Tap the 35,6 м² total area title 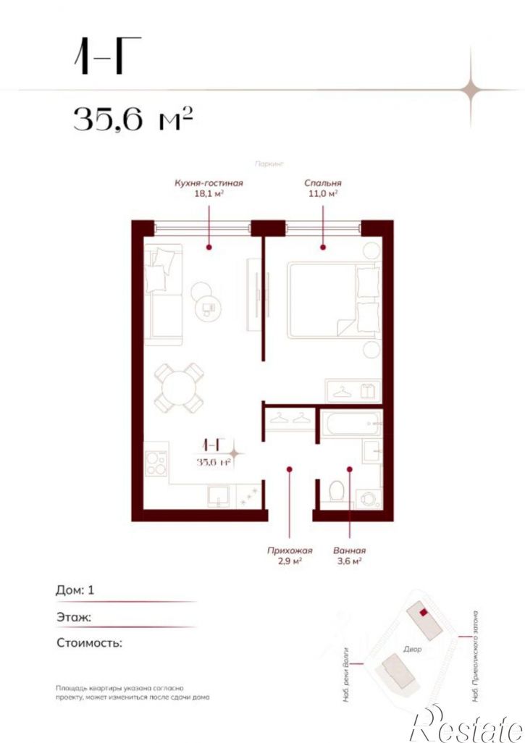133,119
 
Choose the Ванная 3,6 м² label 349,556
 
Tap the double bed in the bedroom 334,301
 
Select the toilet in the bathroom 337,490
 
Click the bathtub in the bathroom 351,423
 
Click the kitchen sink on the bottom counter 219,497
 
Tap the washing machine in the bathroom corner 369,498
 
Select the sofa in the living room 163,295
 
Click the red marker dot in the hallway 290,469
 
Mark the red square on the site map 423,612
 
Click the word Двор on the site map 412,649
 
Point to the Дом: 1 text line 75,590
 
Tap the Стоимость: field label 89,643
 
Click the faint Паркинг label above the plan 269,164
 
